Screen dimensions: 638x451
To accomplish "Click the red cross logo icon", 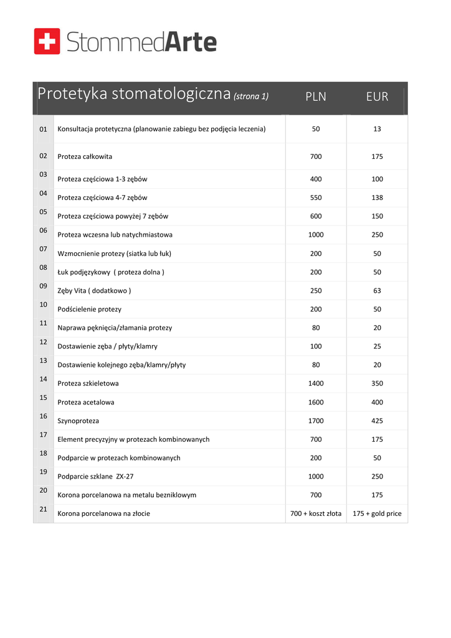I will click(47, 41).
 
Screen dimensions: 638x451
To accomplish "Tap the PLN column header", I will click(316, 97).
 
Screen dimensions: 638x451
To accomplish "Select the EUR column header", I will click(377, 97).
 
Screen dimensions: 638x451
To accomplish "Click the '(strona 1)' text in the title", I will click(251, 97).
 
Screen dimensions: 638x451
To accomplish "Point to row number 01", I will click(44, 129).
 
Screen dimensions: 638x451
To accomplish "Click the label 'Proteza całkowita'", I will click(85, 156).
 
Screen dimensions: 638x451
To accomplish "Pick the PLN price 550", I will click(316, 198).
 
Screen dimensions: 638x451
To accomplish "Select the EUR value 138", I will click(377, 198).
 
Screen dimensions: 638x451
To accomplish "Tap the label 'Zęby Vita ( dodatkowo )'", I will click(94, 291).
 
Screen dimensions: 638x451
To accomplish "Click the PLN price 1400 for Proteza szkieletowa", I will click(316, 384).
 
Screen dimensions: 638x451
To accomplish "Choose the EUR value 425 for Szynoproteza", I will click(377, 421).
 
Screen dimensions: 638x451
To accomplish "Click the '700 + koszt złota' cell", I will click(316, 514).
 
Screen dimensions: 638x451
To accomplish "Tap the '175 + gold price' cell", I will click(377, 514).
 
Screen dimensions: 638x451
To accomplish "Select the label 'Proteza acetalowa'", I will click(86, 402).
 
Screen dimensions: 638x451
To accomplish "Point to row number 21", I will click(44, 509).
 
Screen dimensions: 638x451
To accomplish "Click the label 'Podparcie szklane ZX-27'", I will click(95, 477).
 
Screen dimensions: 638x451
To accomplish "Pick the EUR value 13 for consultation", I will click(377, 129).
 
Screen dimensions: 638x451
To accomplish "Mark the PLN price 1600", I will click(316, 402).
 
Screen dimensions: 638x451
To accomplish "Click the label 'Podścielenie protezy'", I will click(89, 310).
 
